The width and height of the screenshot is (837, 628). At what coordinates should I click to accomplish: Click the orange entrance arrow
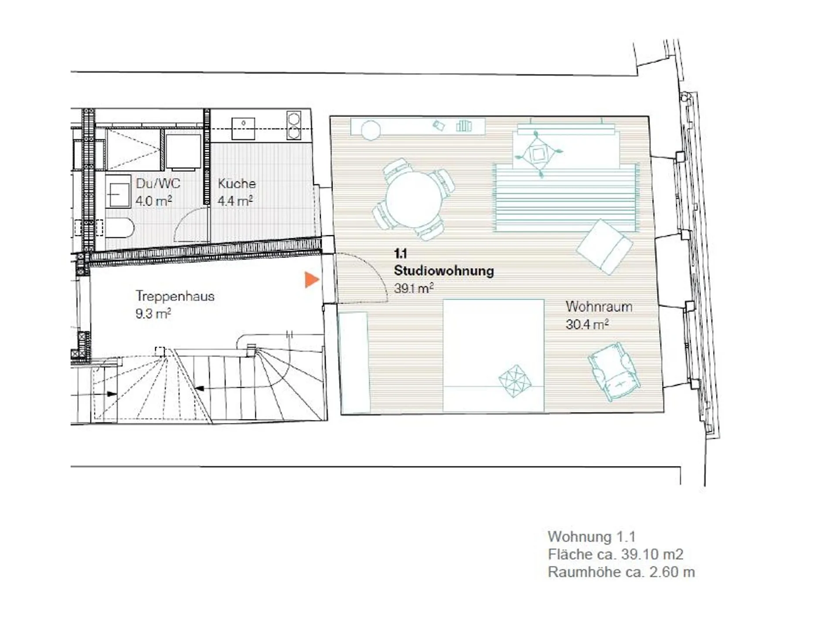pyautogui.click(x=311, y=280)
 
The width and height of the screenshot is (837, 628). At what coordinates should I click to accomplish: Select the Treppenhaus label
pyautogui.click(x=175, y=296)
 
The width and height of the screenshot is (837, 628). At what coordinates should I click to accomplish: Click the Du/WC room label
pyautogui.click(x=158, y=183)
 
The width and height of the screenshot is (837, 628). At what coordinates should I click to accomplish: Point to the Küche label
pyautogui.click(x=237, y=183)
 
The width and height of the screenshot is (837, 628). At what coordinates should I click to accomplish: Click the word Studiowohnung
pyautogui.click(x=444, y=270)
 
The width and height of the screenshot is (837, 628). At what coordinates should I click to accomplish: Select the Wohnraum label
pyautogui.click(x=599, y=307)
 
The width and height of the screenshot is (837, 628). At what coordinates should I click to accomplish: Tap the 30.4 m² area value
pyautogui.click(x=587, y=324)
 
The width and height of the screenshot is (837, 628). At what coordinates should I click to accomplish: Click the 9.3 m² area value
pyautogui.click(x=153, y=314)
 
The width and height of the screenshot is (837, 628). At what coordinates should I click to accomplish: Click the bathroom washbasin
pyautogui.click(x=118, y=192)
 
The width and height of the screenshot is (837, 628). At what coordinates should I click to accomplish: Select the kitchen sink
pyautogui.click(x=243, y=128)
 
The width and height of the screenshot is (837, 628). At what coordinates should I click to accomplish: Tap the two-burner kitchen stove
pyautogui.click(x=294, y=125)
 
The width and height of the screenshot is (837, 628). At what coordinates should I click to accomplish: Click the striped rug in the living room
pyautogui.click(x=566, y=198)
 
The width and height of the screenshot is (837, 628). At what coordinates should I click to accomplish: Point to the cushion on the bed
pyautogui.click(x=515, y=381)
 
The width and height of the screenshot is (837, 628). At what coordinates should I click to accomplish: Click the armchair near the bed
pyautogui.click(x=614, y=371)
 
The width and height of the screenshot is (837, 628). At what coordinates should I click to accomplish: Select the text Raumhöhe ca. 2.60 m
pyautogui.click(x=621, y=572)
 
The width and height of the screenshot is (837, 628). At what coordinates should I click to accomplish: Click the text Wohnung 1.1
pyautogui.click(x=592, y=537)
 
